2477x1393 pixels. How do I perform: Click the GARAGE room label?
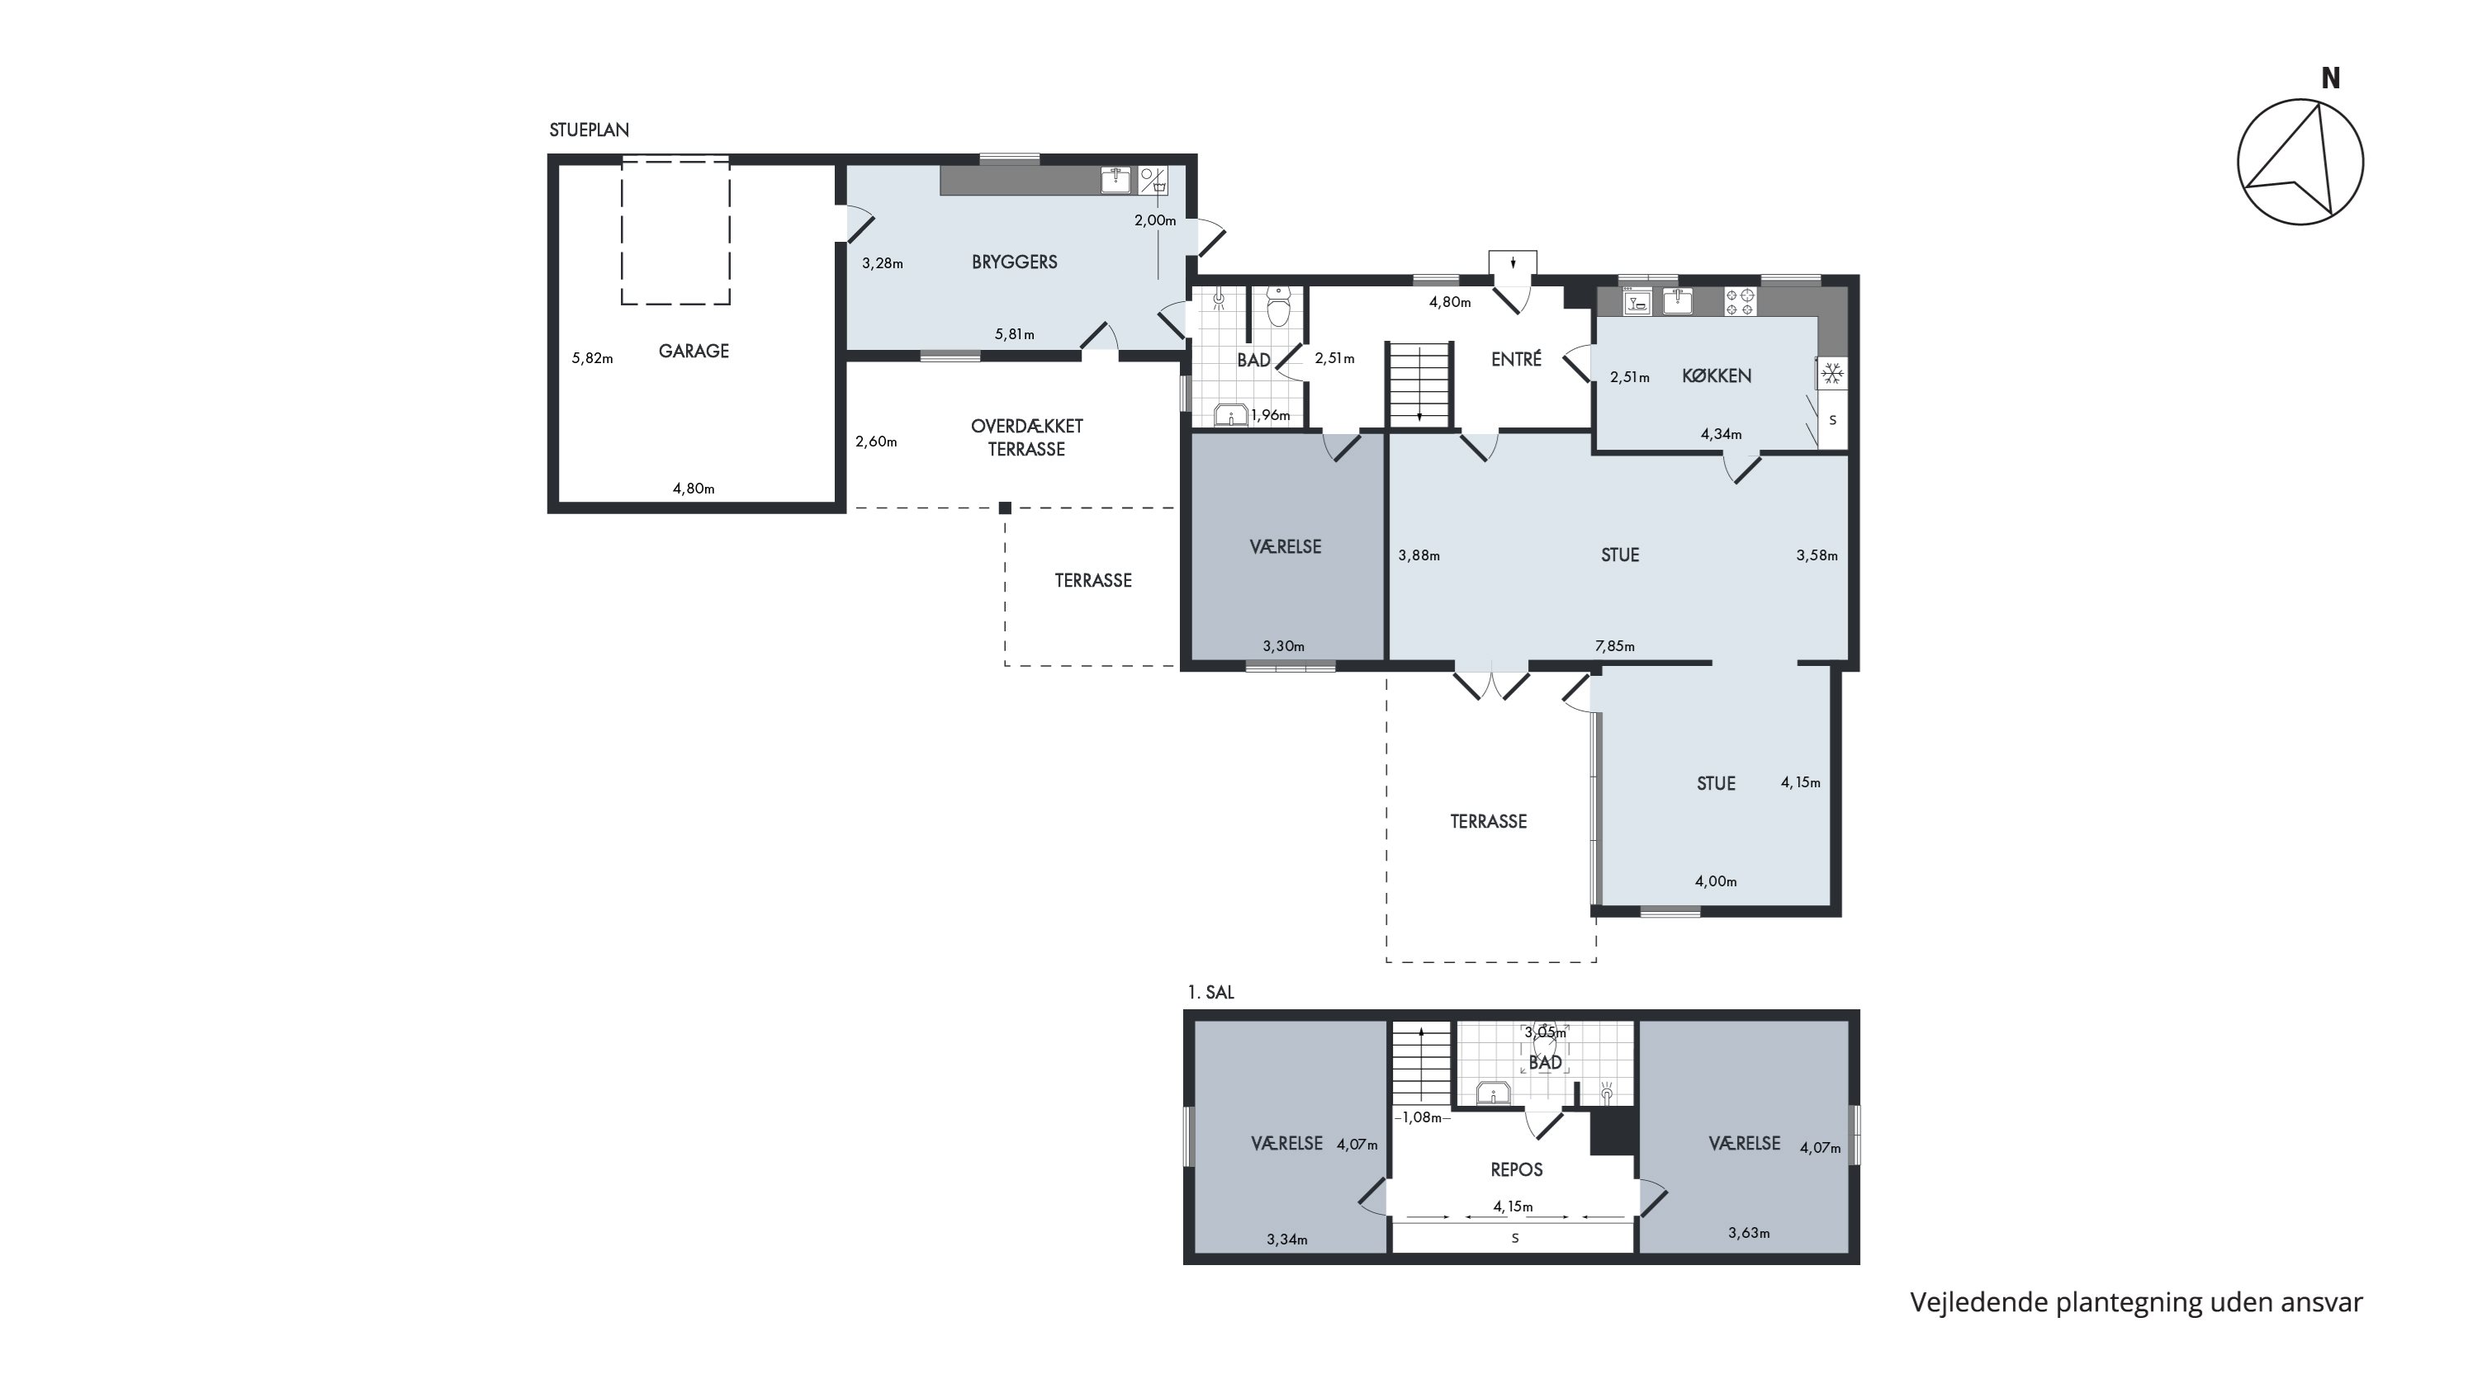(694, 352)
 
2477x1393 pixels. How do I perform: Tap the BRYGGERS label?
(1015, 262)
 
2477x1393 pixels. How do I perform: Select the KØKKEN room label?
(1717, 375)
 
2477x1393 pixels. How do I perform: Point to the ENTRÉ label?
(1517, 359)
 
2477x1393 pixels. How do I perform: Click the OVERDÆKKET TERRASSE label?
(1027, 437)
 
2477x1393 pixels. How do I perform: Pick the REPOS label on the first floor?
(1517, 1170)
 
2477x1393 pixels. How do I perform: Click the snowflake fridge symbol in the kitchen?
(1832, 373)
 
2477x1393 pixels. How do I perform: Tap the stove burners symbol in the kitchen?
(1740, 302)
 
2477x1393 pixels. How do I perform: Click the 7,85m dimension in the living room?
(1614, 646)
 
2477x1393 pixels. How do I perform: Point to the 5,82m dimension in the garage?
(592, 359)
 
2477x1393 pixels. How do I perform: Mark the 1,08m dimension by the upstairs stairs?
(1422, 1117)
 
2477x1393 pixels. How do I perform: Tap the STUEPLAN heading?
(590, 130)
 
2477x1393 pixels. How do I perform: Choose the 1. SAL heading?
(1210, 992)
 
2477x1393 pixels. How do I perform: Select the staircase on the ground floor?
(1419, 384)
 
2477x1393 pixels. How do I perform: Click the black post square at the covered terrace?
(1005, 508)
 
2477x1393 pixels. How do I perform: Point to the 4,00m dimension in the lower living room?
(1716, 881)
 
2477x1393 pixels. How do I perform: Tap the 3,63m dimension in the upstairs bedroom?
(1748, 1232)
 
